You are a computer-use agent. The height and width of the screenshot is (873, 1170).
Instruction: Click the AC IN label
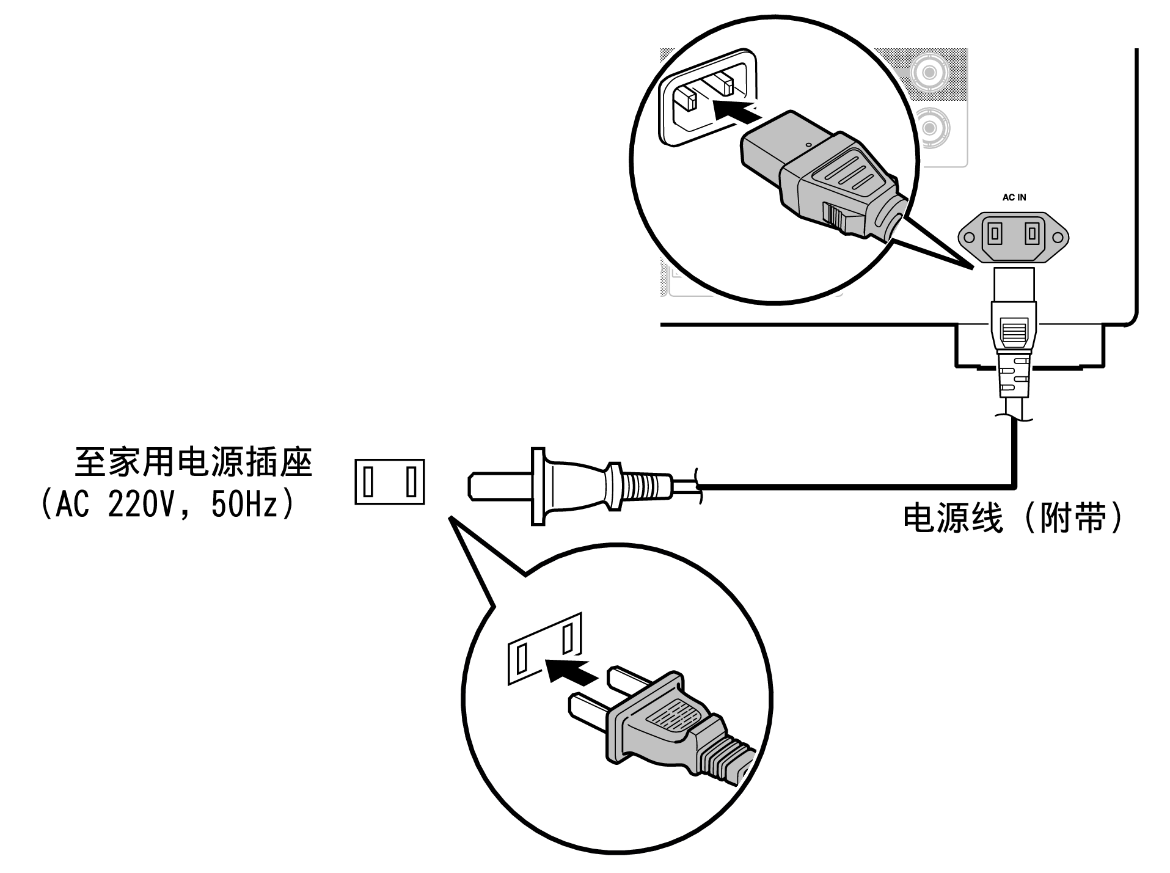(1014, 197)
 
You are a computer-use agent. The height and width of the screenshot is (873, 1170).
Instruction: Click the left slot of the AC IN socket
(994, 233)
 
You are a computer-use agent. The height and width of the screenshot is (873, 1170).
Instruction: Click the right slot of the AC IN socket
(1032, 233)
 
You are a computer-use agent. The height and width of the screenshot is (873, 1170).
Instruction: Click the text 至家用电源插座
(193, 462)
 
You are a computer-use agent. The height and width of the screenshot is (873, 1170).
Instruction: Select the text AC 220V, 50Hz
(167, 505)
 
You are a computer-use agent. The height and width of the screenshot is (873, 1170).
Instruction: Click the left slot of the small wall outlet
(368, 481)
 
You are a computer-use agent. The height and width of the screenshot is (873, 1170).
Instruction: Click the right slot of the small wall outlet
(411, 481)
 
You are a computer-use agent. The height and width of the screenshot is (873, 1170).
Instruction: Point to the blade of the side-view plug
(498, 486)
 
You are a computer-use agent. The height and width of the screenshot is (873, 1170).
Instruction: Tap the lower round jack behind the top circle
(929, 128)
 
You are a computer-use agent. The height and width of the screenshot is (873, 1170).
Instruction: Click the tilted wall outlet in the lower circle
(544, 650)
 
